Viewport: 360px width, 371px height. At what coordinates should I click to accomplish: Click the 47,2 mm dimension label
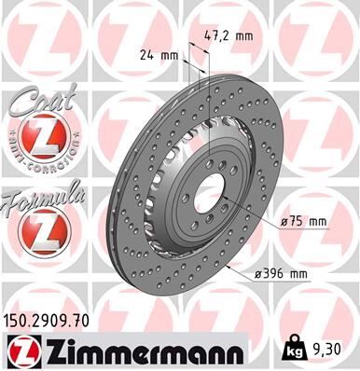pos(228,36)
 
